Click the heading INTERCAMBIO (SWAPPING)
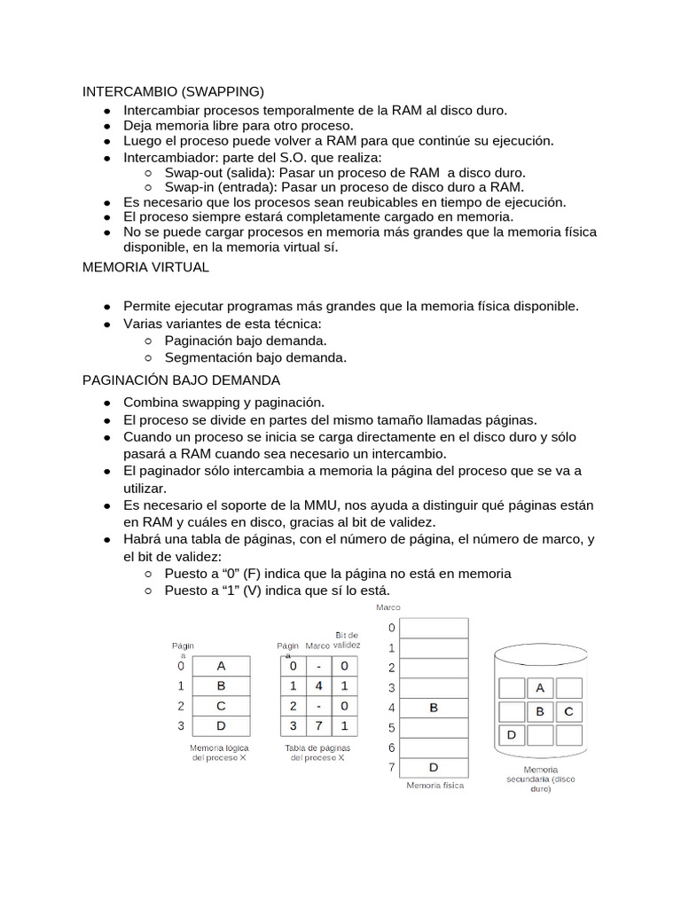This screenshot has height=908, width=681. click(173, 91)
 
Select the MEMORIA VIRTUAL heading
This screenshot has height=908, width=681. click(145, 267)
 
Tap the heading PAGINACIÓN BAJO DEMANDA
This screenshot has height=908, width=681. click(181, 380)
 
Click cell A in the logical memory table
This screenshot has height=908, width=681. click(221, 666)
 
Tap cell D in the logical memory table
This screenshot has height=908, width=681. click(221, 727)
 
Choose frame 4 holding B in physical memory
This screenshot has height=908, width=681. click(433, 708)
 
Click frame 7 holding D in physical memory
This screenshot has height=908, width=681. click(433, 767)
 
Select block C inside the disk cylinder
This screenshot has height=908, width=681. click(568, 711)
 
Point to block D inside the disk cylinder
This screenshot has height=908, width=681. click(512, 735)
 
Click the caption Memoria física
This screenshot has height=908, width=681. click(434, 786)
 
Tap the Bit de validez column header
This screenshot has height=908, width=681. click(347, 640)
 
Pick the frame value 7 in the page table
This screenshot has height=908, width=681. click(319, 727)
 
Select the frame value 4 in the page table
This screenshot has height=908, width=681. click(319, 686)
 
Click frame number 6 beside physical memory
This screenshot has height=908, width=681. click(390, 748)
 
